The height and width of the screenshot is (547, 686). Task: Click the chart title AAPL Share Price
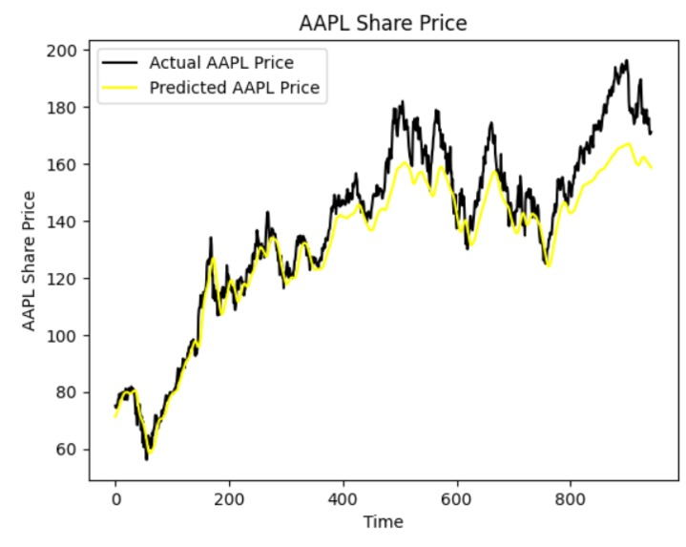(384, 23)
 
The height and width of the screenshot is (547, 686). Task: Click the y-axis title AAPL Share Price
(30, 261)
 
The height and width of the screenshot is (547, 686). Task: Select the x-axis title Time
(384, 522)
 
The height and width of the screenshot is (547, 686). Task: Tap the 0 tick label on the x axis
(115, 498)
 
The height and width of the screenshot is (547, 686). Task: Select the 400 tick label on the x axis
(343, 498)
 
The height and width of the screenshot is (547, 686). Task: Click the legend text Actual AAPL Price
(220, 64)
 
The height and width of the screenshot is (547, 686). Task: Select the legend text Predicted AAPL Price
(233, 88)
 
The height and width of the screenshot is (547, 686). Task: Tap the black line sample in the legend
(121, 64)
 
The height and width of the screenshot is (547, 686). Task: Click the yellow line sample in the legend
(121, 88)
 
